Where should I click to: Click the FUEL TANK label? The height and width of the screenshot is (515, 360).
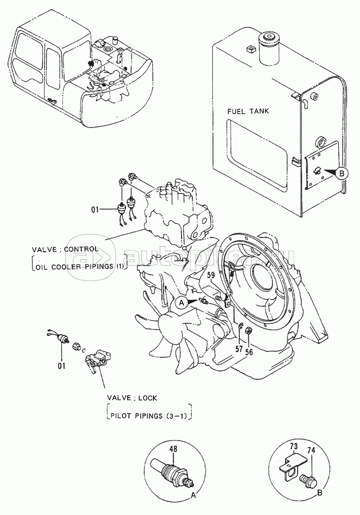[x=248, y=111]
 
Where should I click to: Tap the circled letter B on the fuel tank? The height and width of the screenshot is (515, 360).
[x=342, y=173]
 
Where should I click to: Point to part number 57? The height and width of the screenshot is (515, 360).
[x=239, y=348]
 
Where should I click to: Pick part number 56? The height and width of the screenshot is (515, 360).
[x=250, y=352]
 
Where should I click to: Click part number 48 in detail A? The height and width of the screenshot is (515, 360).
[x=173, y=449]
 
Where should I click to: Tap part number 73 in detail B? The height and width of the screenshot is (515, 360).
[x=294, y=446]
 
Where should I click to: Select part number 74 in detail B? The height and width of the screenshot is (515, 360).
[x=311, y=450]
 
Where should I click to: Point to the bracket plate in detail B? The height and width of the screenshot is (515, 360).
[x=288, y=465]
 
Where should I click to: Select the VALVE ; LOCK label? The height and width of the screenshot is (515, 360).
[x=132, y=398]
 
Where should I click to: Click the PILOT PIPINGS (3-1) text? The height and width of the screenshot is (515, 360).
[x=149, y=416]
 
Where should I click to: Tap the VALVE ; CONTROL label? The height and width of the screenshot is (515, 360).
[x=65, y=249]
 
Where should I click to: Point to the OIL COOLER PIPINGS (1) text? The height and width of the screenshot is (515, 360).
[x=80, y=266]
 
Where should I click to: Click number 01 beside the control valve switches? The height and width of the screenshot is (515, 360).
[x=95, y=209]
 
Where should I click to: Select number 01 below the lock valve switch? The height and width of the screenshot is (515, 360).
[x=62, y=366]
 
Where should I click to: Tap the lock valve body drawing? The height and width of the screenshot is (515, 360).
[x=97, y=361]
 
